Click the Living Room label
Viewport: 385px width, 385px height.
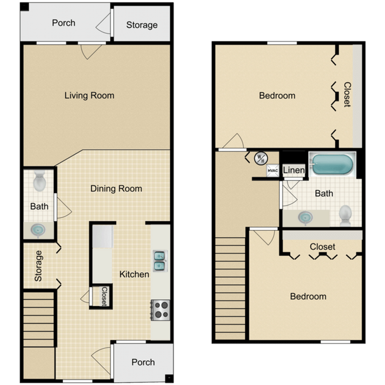(89, 95)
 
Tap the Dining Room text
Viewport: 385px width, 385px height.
(116, 189)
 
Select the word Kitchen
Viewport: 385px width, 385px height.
(134, 274)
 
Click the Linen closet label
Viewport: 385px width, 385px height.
(294, 171)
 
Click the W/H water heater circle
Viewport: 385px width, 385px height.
(261, 158)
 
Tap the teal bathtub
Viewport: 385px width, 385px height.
(332, 164)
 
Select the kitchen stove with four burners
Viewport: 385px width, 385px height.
(160, 309)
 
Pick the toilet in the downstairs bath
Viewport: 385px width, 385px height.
(40, 181)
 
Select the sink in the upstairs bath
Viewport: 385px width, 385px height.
(306, 217)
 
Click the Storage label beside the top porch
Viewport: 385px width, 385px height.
(142, 25)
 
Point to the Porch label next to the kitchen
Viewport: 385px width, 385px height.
(143, 362)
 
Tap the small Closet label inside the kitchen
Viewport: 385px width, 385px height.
(104, 296)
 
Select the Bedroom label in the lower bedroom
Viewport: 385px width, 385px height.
(308, 296)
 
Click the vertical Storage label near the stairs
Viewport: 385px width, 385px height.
(38, 266)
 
